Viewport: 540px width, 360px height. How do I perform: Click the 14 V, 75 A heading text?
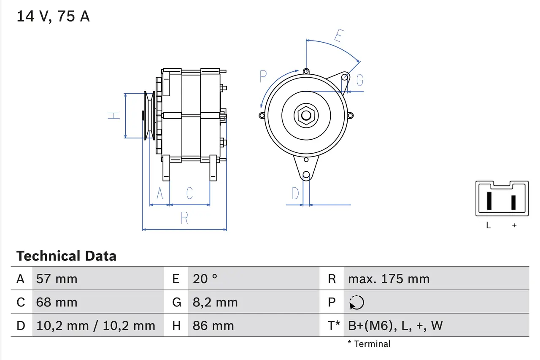(x=53, y=16)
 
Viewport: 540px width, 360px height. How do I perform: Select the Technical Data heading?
(x=66, y=256)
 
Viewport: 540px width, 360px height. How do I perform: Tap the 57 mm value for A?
(x=57, y=279)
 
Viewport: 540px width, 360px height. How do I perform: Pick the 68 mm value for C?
(x=57, y=302)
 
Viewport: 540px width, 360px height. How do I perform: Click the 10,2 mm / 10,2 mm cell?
(x=96, y=325)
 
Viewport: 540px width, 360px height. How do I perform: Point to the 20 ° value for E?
(x=205, y=279)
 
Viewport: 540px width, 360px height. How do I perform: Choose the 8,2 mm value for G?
(x=215, y=302)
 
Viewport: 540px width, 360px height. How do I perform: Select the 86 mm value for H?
(x=213, y=325)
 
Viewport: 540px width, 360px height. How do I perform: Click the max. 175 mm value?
(x=389, y=279)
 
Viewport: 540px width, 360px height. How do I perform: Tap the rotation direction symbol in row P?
(x=356, y=302)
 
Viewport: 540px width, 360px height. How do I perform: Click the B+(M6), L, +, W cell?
(x=395, y=325)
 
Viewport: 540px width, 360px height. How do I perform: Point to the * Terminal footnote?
(x=369, y=344)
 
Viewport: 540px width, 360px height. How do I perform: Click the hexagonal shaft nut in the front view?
(x=306, y=116)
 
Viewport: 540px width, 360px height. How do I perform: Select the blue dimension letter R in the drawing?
(x=184, y=218)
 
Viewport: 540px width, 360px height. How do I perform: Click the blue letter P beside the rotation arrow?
(x=263, y=77)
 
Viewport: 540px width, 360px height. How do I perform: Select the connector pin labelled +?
(x=513, y=203)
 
